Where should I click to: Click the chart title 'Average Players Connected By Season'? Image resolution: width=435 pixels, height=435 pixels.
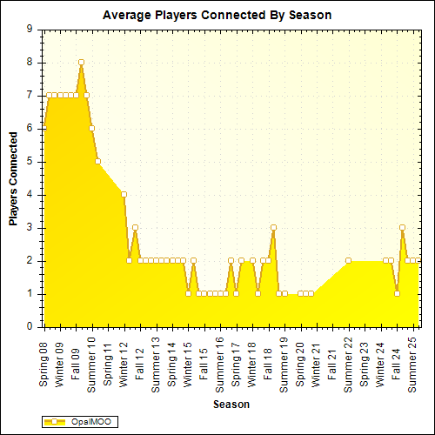point(217,15)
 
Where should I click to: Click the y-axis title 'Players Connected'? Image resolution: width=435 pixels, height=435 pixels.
point(14,178)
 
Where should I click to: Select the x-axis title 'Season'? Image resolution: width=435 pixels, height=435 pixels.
point(232,405)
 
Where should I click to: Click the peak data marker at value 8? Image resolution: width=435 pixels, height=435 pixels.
point(81,63)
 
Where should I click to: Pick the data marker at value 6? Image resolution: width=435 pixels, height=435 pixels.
point(91,128)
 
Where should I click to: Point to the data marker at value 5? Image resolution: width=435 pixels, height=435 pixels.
point(97,161)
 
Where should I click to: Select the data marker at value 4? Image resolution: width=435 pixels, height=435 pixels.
point(124,194)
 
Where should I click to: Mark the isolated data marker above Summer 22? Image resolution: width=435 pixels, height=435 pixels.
point(348,260)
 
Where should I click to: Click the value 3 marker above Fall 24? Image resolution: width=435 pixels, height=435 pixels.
point(402,227)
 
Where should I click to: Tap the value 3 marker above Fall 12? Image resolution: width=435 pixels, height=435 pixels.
point(135,227)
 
